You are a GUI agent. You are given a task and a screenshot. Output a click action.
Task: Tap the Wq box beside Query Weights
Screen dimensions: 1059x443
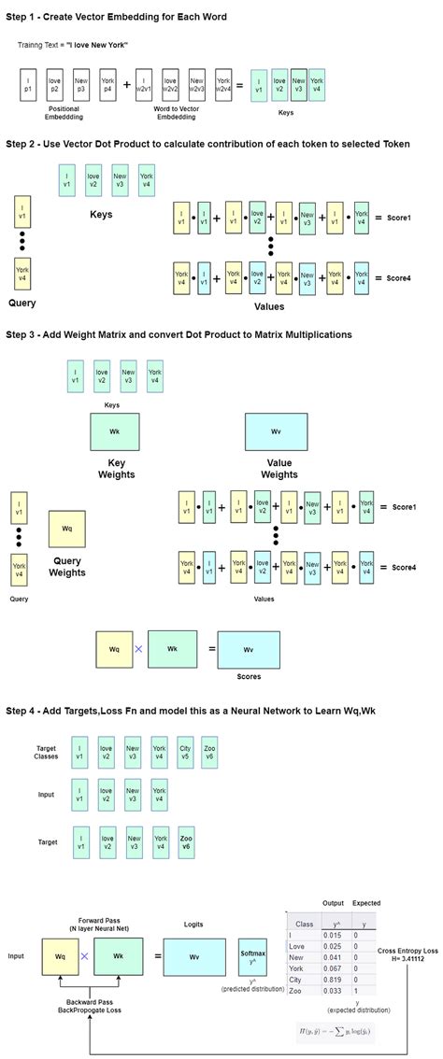67,529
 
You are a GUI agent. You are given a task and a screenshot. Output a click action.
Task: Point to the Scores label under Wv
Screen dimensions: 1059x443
249,676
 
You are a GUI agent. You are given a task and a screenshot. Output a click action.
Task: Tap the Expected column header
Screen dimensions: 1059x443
366,903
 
